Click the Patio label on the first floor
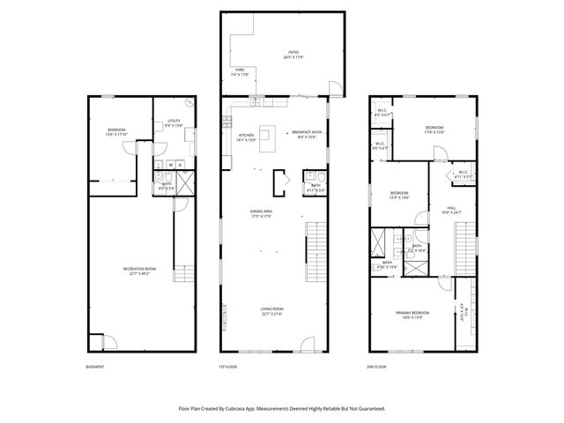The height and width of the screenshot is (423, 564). click(291, 55)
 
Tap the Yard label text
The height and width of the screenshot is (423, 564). click(239, 71)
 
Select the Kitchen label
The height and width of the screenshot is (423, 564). click(245, 137)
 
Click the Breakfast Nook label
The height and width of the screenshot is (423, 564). click(304, 133)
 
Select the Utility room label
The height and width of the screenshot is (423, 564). click(174, 122)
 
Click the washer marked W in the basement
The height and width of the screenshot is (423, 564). click(168, 165)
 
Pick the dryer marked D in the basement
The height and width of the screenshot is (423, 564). click(180, 165)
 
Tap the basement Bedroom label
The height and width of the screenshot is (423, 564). click(116, 131)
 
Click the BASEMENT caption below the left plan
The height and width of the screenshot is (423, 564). click(95, 367)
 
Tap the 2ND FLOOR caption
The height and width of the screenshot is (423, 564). click(376, 367)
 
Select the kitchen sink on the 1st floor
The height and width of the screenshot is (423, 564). click(254, 103)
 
